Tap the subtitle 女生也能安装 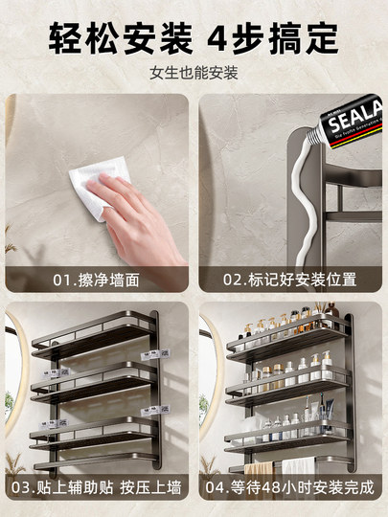[x=194, y=74]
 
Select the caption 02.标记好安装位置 [x=290, y=280]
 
